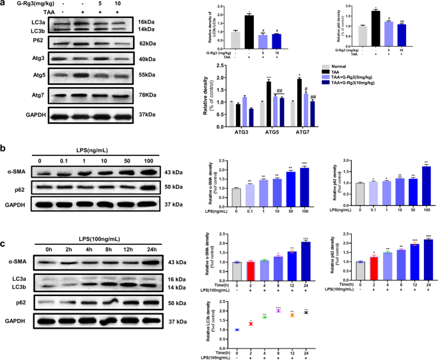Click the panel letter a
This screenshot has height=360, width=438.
click(4, 4)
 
